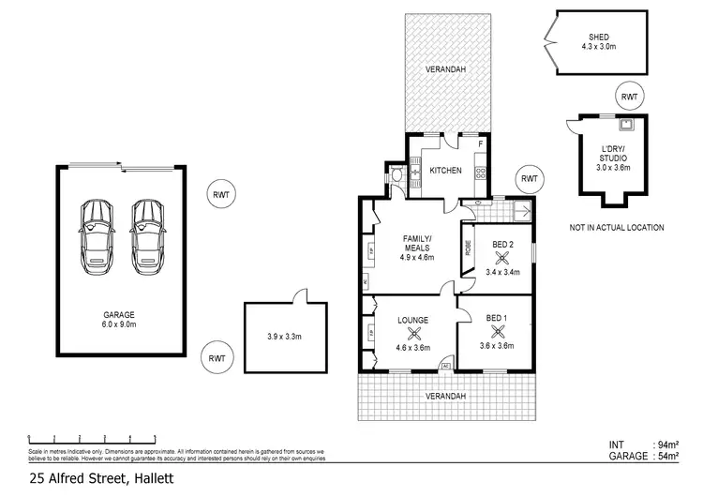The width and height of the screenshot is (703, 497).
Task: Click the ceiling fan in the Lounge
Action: pos(414,332)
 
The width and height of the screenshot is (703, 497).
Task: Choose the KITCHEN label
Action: pos(446,171)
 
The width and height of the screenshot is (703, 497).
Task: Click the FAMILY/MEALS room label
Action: pos(414,242)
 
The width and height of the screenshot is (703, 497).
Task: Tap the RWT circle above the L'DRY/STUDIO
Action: pos(628,97)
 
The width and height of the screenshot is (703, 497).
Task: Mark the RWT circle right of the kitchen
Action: pos(530,179)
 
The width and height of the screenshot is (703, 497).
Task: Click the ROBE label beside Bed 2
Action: pos(468,249)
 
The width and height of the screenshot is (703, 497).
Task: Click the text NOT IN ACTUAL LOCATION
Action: pos(616,228)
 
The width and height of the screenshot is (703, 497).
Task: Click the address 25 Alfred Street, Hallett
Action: pos(89,477)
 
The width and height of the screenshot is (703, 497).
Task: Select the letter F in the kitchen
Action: pos(480,144)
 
